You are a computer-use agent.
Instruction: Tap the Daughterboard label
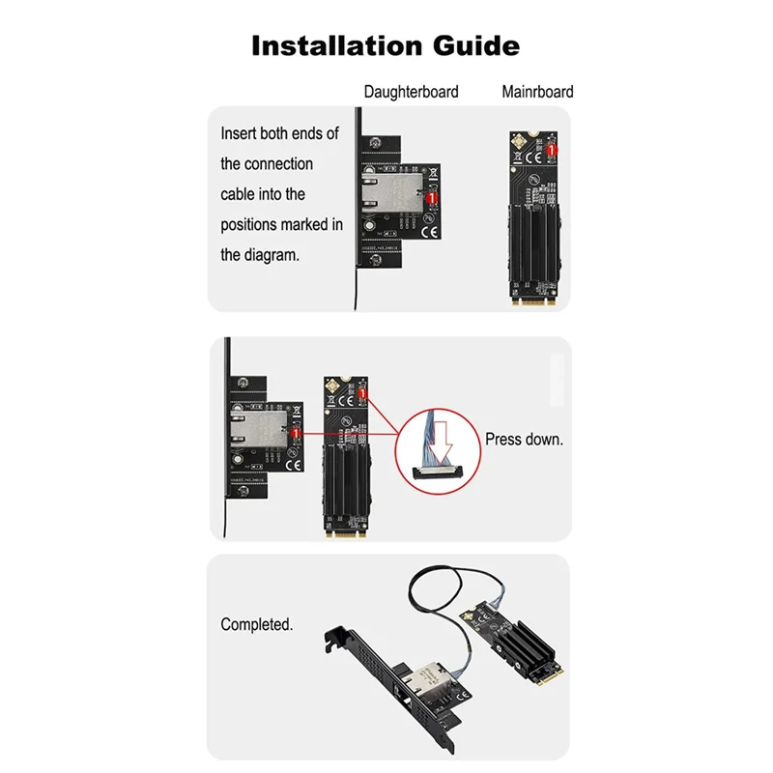point(411,93)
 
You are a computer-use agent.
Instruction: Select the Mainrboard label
point(537,93)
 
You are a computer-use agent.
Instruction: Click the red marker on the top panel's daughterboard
point(432,196)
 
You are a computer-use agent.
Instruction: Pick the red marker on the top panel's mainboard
point(552,150)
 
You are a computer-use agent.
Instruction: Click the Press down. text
point(524,440)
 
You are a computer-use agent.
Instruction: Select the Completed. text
point(256,625)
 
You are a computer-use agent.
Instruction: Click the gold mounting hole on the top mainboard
point(527,139)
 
